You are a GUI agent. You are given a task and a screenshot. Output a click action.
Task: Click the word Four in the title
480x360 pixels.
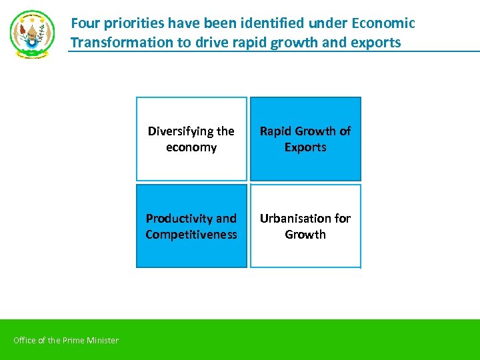[84, 23]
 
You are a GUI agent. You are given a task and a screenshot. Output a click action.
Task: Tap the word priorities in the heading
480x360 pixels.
[132, 23]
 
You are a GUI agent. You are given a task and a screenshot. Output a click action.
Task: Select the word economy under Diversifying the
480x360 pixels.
[191, 147]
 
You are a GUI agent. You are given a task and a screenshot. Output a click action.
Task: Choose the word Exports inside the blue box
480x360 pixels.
[305, 147]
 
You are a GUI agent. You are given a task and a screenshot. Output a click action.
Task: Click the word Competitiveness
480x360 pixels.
[191, 235]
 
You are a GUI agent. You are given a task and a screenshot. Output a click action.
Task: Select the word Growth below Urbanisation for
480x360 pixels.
[305, 235]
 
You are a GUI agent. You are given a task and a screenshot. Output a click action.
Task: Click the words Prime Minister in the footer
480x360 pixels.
[91, 341]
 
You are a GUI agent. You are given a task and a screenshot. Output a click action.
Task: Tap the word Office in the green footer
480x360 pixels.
[25, 341]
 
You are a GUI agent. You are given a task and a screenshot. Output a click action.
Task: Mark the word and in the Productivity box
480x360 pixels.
[227, 219]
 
